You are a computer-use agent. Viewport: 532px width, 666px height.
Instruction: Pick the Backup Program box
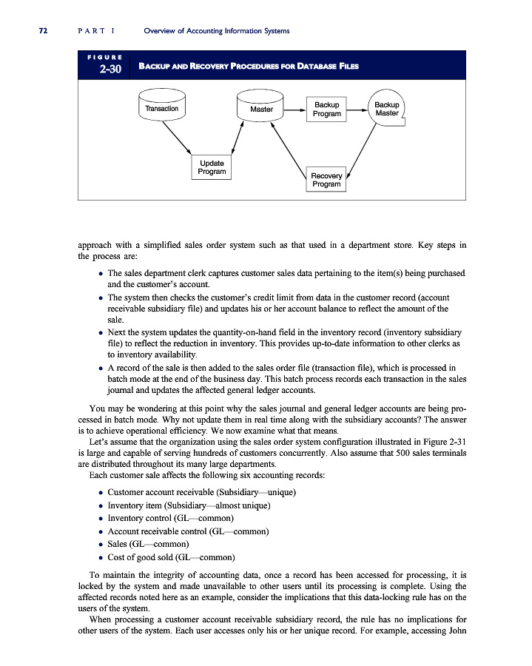tap(326, 110)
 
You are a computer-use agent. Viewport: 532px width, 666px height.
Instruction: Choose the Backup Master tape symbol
tap(386, 110)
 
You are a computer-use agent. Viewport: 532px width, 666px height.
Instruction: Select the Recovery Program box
tap(326, 180)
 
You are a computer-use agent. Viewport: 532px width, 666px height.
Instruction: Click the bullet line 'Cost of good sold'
tap(171, 556)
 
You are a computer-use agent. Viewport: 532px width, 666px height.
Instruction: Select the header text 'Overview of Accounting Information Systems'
tap(216, 30)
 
